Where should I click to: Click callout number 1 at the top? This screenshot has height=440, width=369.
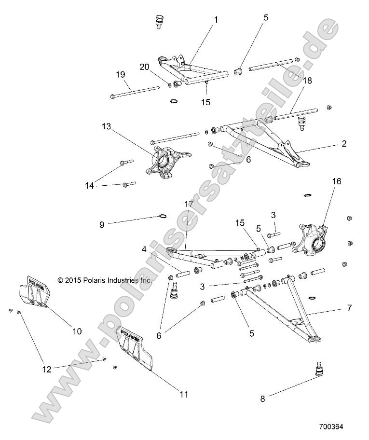point(216,20)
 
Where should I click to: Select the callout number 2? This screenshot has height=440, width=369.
point(344,143)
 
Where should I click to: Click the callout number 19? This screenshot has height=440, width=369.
point(120,74)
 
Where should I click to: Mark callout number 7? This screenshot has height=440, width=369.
point(349,307)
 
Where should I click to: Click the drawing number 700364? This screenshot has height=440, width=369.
point(333,426)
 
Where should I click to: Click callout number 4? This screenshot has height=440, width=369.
point(144,249)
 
